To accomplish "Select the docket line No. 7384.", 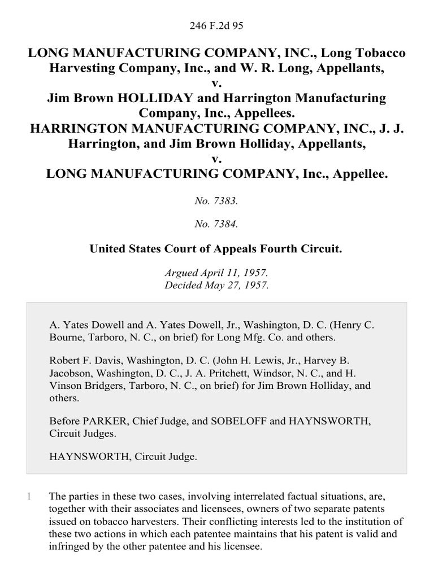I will click(217, 224).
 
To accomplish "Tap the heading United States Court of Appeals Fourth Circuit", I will click(217, 248).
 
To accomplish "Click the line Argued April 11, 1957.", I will click(217, 273).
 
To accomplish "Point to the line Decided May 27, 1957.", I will click(217, 285).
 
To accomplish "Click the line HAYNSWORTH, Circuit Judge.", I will click(123, 457).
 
